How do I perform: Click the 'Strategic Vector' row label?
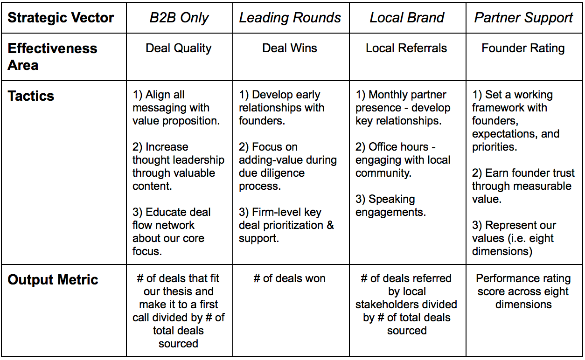(x=61, y=18)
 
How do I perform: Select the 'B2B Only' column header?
(x=179, y=18)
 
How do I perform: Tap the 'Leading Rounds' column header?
(x=290, y=18)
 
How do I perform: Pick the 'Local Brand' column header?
(x=407, y=18)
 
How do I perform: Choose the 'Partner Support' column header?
(x=523, y=18)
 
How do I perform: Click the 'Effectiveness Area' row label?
(x=52, y=56)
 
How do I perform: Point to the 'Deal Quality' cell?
(x=179, y=48)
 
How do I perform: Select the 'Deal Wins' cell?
(x=290, y=48)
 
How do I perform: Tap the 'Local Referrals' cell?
(x=406, y=48)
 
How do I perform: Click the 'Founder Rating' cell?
(x=523, y=48)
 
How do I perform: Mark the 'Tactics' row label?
(x=31, y=96)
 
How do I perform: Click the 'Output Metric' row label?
(x=53, y=280)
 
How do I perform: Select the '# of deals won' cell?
(x=290, y=278)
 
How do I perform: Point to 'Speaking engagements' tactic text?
(x=391, y=206)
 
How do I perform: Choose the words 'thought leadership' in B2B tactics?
(x=178, y=160)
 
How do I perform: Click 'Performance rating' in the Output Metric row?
(x=523, y=278)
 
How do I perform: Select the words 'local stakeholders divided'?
(x=406, y=305)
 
